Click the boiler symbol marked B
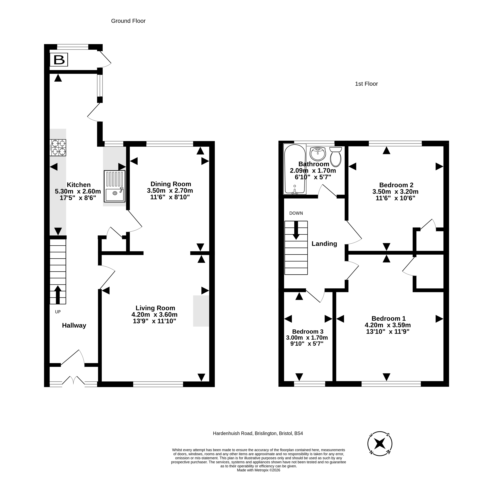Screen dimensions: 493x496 [59, 60]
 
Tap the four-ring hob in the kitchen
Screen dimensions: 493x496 [58, 148]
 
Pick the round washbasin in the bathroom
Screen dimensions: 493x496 [318, 154]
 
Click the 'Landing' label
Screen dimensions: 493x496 [324, 244]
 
